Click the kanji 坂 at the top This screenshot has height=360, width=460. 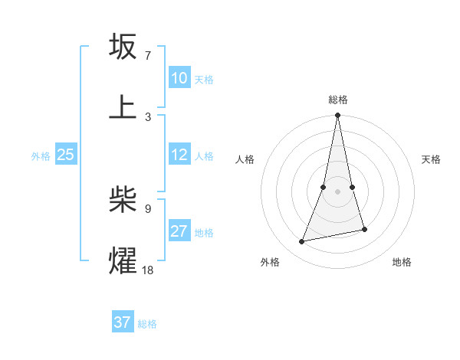click(123, 47)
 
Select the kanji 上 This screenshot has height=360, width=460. click(123, 106)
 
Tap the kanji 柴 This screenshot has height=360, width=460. click(123, 200)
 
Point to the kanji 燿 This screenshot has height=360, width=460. click(123, 260)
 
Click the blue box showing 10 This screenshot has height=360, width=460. click(179, 78)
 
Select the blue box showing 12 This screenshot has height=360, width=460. click(179, 155)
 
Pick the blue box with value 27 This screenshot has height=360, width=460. click(179, 231)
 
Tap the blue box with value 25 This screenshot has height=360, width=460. click(65, 155)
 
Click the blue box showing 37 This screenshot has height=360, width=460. click(123, 322)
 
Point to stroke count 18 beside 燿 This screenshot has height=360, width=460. click(148, 270)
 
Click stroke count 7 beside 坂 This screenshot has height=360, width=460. click(148, 56)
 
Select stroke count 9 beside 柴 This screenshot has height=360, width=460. click(148, 208)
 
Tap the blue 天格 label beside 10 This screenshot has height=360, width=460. click(203, 79)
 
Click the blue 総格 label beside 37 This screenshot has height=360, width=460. click(147, 323)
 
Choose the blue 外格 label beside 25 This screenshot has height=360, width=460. click(41, 155)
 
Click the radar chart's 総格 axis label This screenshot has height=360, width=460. click(338, 100)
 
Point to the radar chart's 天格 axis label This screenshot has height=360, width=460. click(432, 159)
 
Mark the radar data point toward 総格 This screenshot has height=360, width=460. click(337, 116)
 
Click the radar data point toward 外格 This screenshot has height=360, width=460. click(302, 242)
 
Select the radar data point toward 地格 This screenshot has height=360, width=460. click(364, 229)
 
